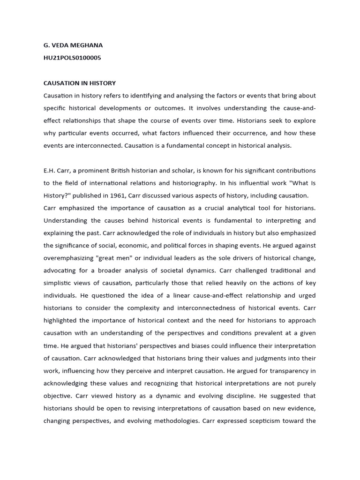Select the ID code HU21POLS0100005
[72, 58]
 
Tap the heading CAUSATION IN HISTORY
[80, 83]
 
